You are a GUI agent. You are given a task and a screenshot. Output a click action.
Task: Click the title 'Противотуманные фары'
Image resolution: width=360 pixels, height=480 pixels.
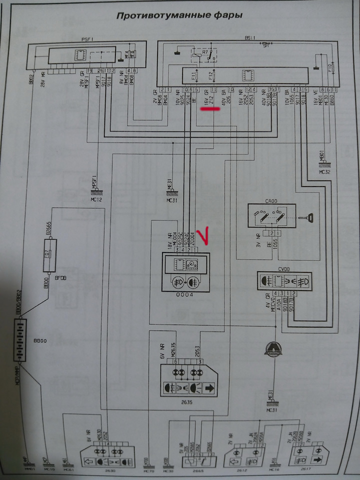[179, 15]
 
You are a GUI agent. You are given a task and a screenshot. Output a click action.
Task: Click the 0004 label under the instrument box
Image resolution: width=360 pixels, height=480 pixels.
[185, 295]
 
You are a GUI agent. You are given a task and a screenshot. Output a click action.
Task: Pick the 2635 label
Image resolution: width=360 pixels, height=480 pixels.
[187, 401]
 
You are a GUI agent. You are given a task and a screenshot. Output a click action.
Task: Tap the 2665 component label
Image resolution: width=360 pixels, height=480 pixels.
[193, 470]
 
